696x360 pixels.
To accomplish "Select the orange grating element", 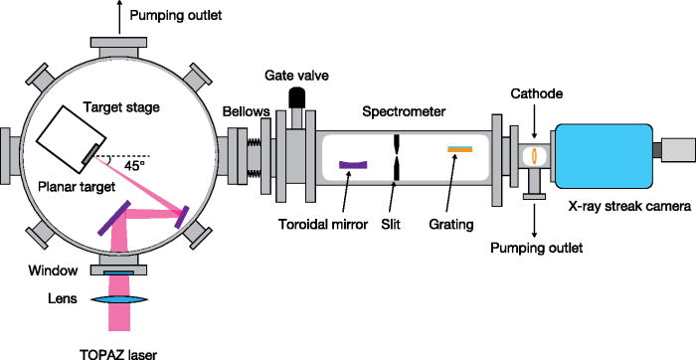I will click(x=459, y=150).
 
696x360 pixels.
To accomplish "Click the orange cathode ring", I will click(x=535, y=155).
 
